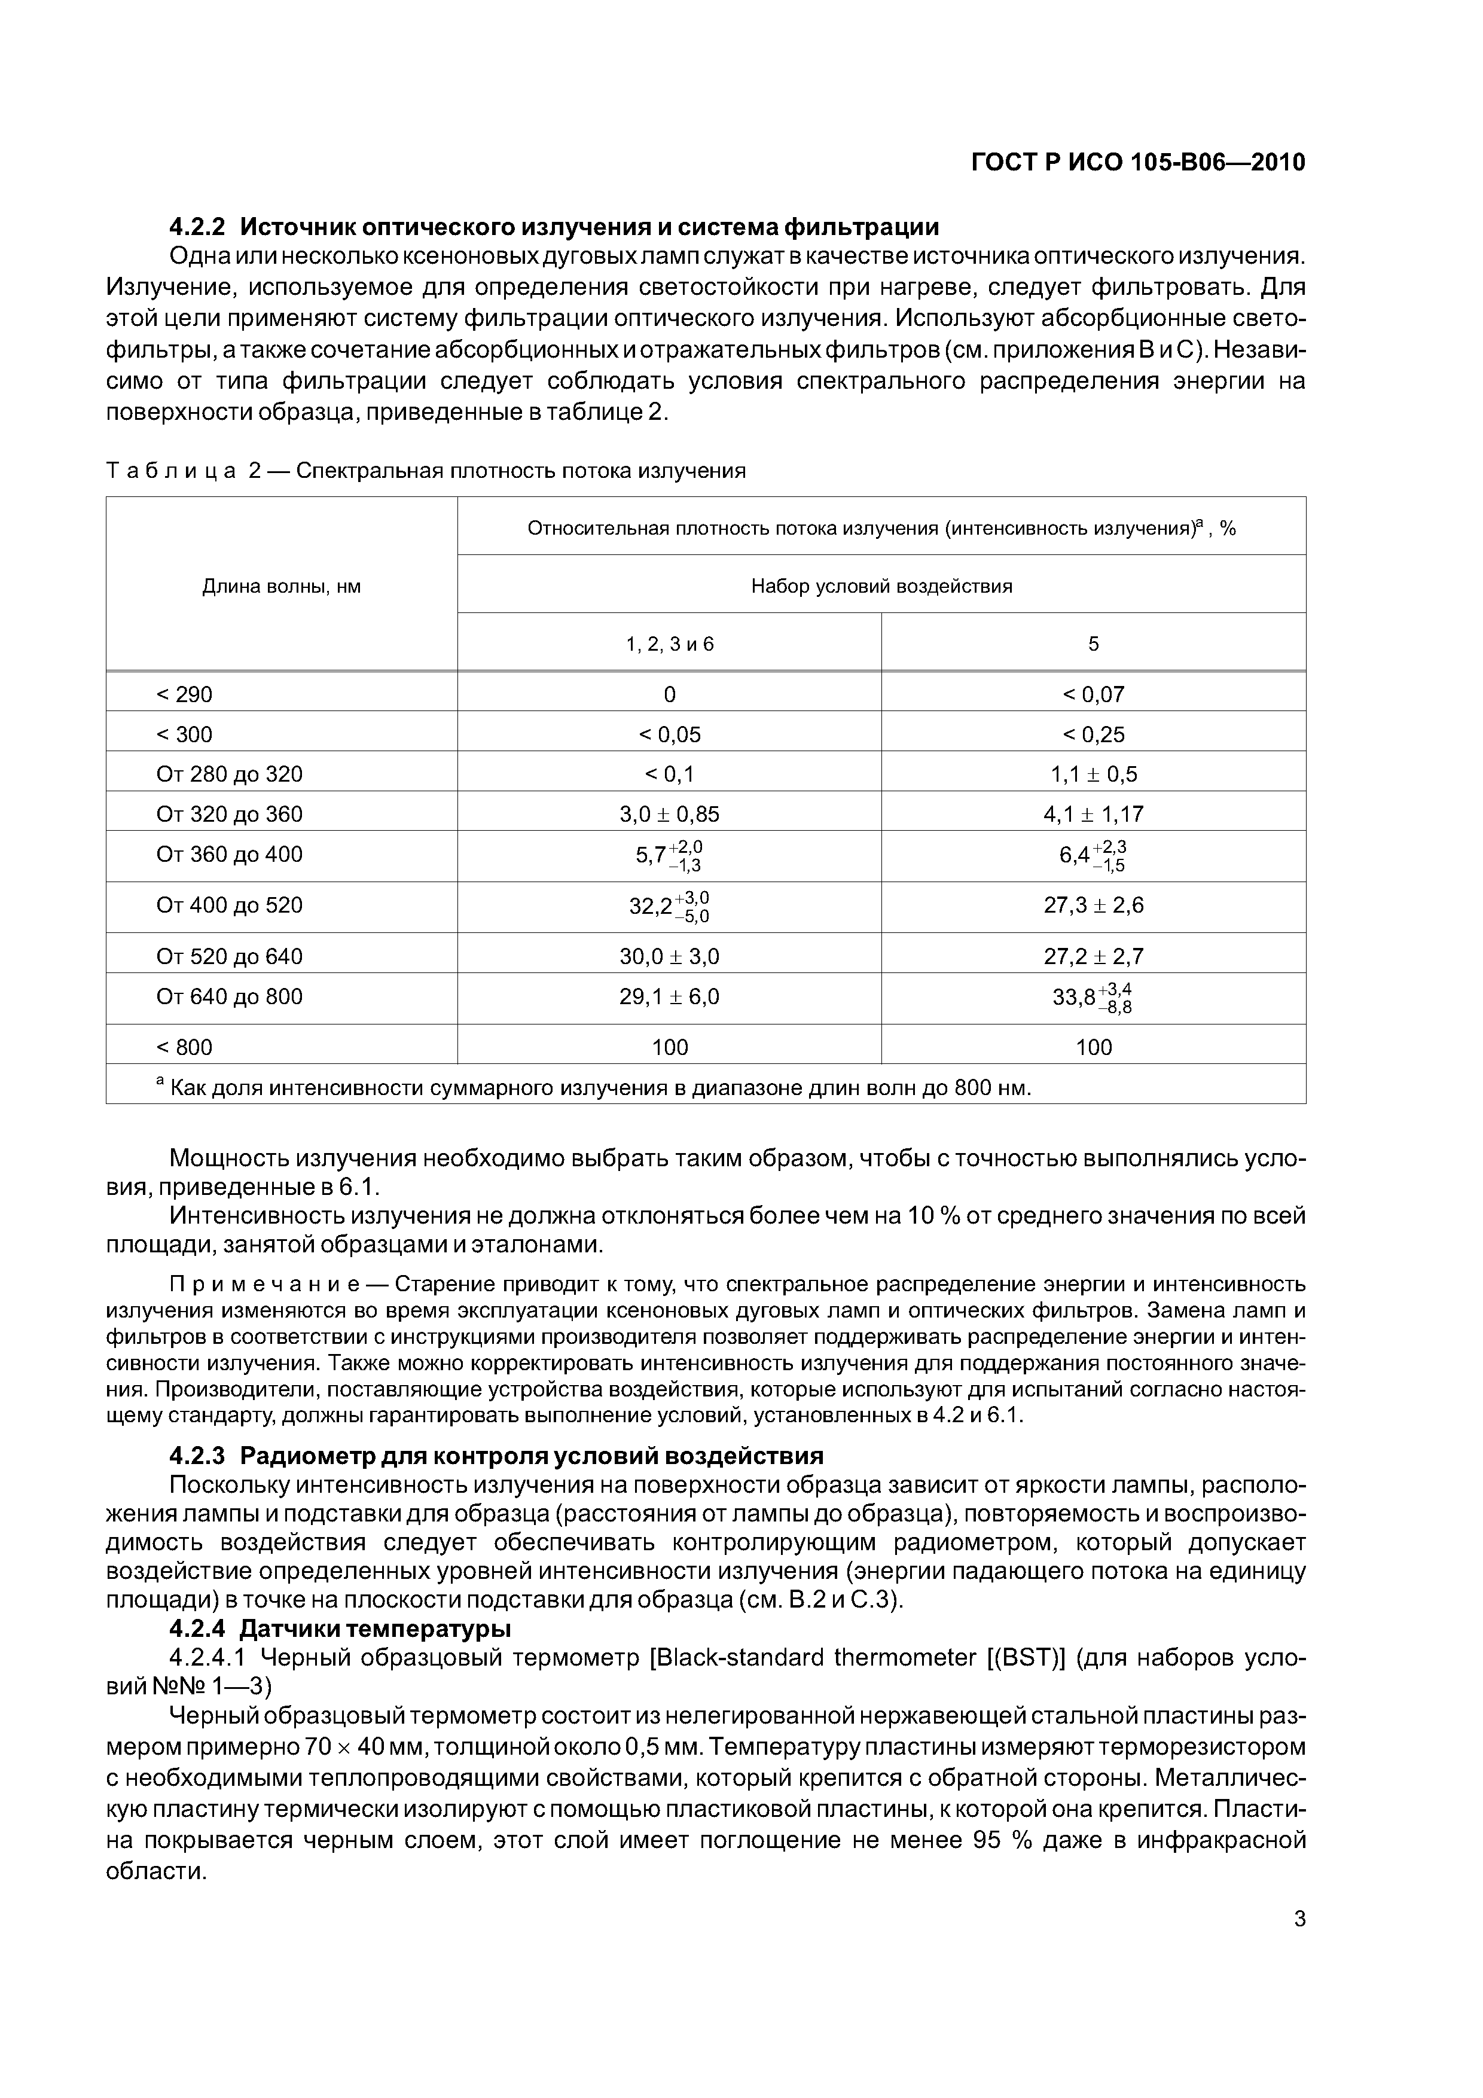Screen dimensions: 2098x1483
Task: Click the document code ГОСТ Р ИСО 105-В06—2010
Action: [x=1137, y=163]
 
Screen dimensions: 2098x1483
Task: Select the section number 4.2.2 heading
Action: [x=199, y=227]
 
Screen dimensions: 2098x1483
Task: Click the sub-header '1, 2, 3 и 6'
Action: [x=669, y=644]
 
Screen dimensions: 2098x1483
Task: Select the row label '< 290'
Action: [x=185, y=694]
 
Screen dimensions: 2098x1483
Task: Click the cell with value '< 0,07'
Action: [x=1093, y=694]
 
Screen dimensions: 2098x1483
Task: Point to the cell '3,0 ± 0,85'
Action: [x=669, y=814]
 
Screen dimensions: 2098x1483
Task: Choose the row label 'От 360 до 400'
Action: [x=230, y=855]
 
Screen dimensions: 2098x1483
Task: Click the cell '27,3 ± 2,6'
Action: [x=1093, y=905]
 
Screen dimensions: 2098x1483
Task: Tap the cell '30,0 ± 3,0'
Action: [x=669, y=957]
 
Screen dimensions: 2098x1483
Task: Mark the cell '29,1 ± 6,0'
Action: [x=669, y=997]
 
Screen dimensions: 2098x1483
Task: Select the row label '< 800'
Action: [x=185, y=1047]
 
